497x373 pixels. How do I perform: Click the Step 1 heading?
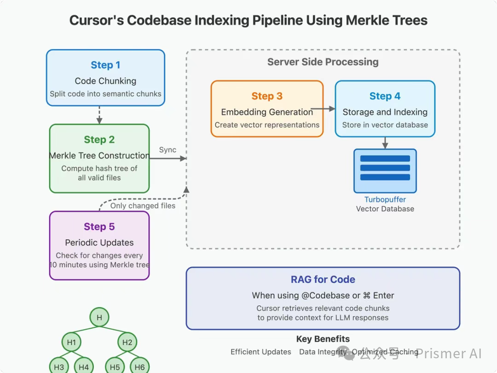[x=105, y=65]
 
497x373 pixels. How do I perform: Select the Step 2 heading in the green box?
[x=99, y=140]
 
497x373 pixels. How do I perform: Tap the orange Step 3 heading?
[x=267, y=96]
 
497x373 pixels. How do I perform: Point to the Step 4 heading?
[x=385, y=96]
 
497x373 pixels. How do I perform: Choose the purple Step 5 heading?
[x=99, y=227]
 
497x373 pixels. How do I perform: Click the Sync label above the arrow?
[x=168, y=150]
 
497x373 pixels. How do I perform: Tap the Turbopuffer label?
[x=385, y=199]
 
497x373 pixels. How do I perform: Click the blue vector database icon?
[x=385, y=171]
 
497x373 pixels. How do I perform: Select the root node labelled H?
[x=99, y=317]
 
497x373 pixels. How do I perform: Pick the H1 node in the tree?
[x=71, y=342]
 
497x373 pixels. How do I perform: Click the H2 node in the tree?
[x=127, y=342]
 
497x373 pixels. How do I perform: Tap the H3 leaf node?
[x=59, y=367]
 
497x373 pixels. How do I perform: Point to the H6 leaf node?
[x=139, y=367]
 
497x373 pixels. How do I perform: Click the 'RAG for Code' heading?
[x=323, y=280]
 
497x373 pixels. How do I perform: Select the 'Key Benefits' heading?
[x=323, y=339]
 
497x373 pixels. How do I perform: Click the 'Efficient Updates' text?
[x=260, y=352]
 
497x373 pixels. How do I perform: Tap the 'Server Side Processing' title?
[x=323, y=62]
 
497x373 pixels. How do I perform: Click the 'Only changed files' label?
[x=143, y=205]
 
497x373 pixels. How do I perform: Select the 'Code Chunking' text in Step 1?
[x=105, y=81]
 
